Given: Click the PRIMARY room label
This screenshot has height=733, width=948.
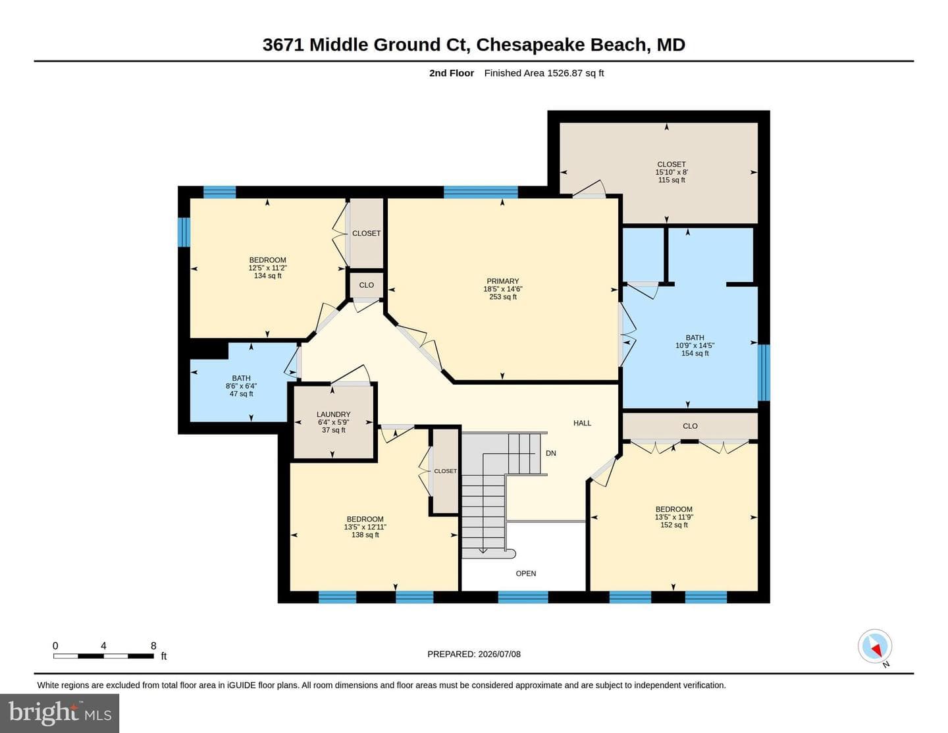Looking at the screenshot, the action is [x=502, y=281].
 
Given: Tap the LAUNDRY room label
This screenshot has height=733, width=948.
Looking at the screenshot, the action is [x=333, y=414].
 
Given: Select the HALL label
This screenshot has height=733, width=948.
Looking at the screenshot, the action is [x=582, y=423].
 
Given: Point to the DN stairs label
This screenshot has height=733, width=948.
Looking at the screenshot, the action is [x=551, y=453].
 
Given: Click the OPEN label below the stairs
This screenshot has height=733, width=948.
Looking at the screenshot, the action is [x=526, y=574].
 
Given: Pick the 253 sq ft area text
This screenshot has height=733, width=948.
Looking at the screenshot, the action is [x=503, y=296].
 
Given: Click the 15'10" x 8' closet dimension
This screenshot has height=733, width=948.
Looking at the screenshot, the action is [x=671, y=172].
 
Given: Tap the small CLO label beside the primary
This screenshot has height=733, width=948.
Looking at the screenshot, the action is [x=367, y=285].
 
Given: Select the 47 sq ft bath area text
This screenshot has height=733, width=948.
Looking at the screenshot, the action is [x=241, y=394].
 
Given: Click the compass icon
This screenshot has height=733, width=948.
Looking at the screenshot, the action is [x=875, y=646].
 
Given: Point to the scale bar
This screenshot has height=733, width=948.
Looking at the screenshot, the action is [x=104, y=656].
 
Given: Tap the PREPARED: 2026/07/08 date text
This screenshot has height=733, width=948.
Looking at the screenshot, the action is [x=474, y=654].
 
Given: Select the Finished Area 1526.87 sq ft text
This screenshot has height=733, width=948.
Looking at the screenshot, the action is [x=544, y=73].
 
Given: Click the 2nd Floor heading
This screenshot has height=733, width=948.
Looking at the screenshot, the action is [x=452, y=73].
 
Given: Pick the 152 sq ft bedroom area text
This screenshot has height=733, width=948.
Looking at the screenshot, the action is [x=674, y=525].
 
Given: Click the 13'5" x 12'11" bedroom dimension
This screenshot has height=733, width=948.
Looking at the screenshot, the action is [x=365, y=527].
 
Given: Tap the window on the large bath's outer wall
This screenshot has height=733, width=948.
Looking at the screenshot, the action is [x=764, y=373].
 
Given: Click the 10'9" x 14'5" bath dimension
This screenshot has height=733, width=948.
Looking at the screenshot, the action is [x=695, y=345].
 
